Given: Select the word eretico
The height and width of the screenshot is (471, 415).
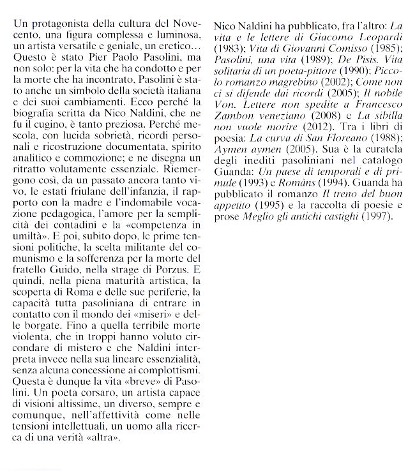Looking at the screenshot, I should (180, 47).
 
